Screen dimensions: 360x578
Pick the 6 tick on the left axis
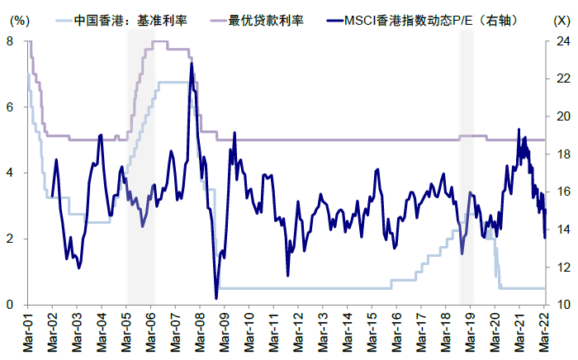coord(10,107)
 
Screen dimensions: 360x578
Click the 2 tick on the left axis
coord(10,239)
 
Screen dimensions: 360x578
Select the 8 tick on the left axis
coord(10,41)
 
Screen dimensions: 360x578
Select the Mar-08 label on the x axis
coord(200,330)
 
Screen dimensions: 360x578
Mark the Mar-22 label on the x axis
coord(545,330)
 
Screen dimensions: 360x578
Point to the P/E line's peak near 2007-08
coord(192,64)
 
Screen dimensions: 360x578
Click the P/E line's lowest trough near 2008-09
coord(216,298)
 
